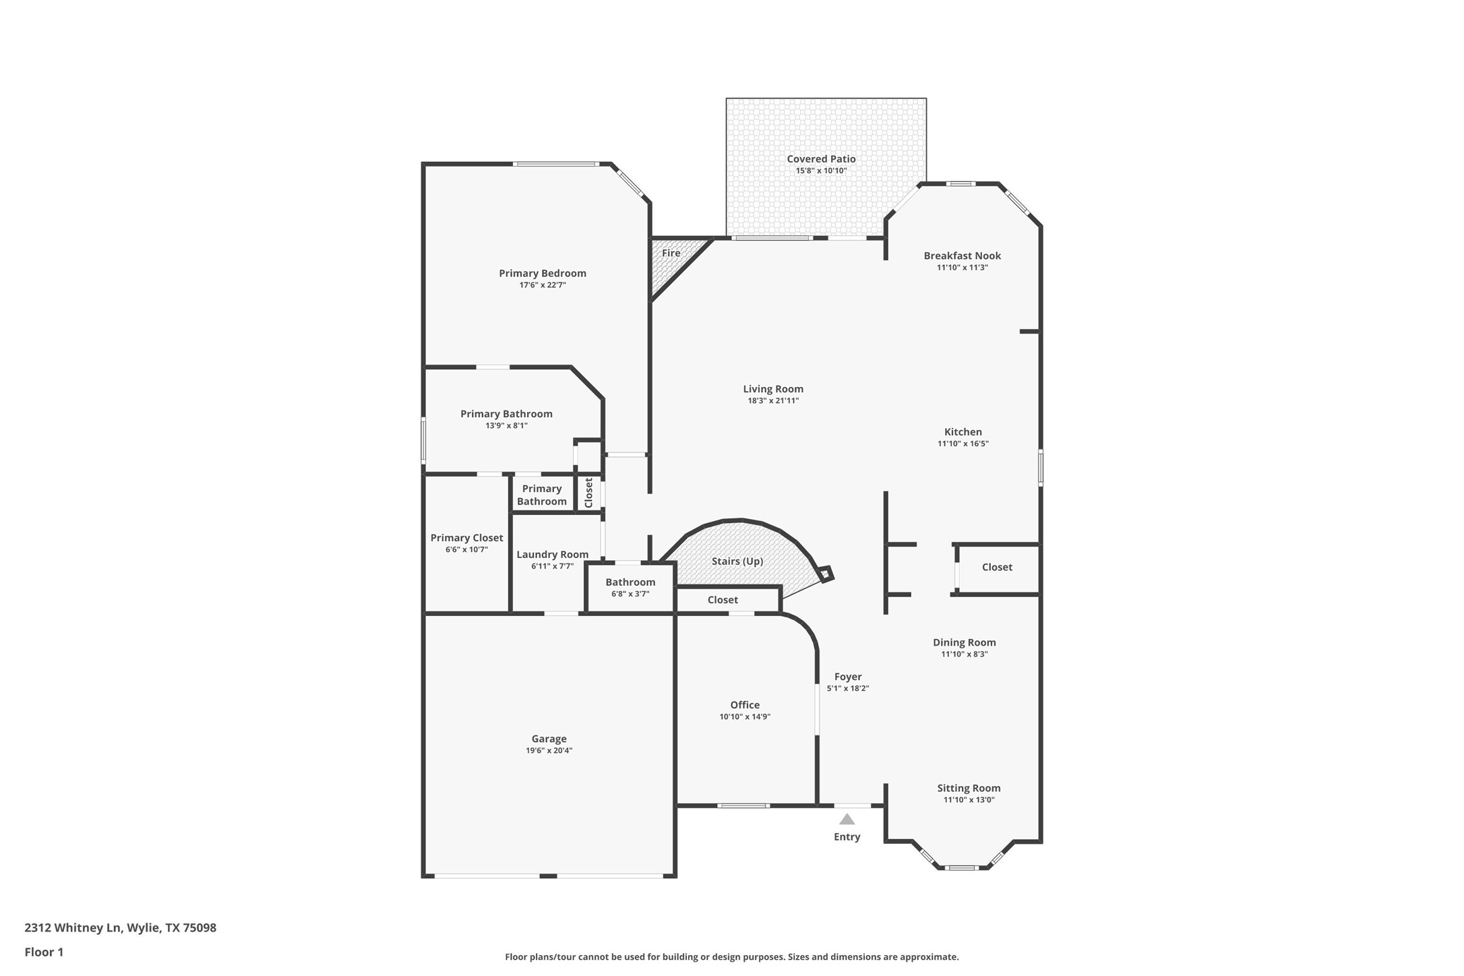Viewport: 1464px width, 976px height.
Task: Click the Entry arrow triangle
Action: tap(847, 820)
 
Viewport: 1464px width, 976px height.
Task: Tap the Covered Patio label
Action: tap(821, 159)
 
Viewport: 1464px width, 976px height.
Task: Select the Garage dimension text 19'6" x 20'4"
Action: tap(549, 750)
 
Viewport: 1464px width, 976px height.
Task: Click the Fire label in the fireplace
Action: tap(671, 253)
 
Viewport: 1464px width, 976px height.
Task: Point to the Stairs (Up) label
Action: tap(737, 561)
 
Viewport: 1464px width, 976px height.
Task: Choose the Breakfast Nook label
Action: tap(962, 255)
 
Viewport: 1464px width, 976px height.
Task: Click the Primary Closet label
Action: tap(466, 537)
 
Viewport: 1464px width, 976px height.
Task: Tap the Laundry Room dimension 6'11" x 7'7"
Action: tap(552, 566)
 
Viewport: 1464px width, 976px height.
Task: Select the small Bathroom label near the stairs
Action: tap(630, 582)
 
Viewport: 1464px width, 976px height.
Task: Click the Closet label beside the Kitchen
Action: tap(997, 567)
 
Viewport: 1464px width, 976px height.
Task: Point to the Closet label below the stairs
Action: tap(723, 599)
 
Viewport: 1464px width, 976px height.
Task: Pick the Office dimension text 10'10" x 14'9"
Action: tap(744, 716)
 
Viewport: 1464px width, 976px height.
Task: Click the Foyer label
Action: tap(847, 676)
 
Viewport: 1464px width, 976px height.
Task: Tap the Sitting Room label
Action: tap(969, 788)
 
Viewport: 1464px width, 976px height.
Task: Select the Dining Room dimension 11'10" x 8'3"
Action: tap(964, 654)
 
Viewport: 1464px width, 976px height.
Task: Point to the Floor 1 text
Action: tap(44, 952)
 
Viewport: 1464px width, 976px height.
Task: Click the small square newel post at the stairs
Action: tap(825, 574)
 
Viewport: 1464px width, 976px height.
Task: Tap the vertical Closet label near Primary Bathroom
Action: tap(588, 493)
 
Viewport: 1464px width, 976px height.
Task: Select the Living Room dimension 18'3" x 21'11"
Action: tap(772, 400)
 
